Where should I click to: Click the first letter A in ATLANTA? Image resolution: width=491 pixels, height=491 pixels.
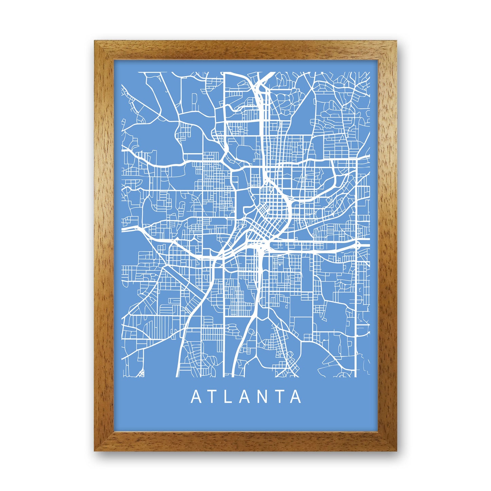[x=196, y=397]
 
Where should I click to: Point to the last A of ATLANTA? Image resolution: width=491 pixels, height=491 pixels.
[x=296, y=397]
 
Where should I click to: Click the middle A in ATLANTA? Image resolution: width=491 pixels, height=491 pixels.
[x=245, y=397]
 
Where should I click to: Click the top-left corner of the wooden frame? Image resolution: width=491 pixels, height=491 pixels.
[x=95, y=42]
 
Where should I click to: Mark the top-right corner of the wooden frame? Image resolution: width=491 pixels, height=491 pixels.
[x=396, y=42]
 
